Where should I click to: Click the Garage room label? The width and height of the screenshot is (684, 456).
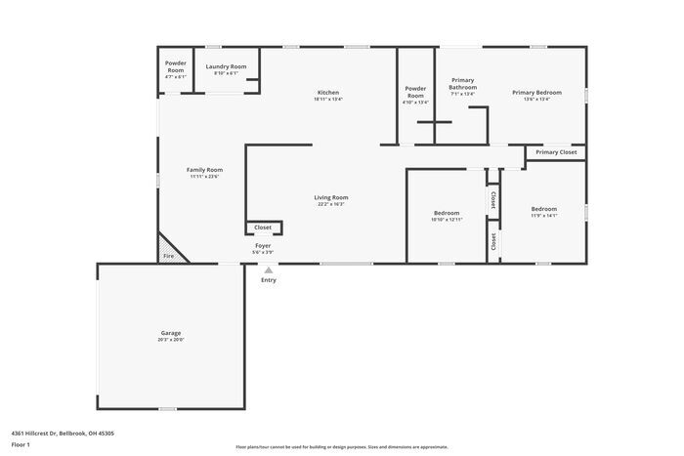pos(171,334)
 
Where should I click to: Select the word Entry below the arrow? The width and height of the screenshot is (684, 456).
pos(269,280)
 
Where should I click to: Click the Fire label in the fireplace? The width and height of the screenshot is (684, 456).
pos(168,256)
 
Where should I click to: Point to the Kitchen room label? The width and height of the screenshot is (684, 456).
pos(328,93)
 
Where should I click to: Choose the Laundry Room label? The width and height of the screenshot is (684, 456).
pos(226,66)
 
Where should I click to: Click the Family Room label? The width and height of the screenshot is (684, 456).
pos(205,170)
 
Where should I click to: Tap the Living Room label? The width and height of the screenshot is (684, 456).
pos(331,197)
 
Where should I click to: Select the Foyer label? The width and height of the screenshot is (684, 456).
pos(264,246)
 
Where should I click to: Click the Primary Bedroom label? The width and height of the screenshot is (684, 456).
pos(536,93)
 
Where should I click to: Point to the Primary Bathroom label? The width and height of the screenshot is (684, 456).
pos(463,84)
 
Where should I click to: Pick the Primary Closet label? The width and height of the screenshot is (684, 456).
pos(556,152)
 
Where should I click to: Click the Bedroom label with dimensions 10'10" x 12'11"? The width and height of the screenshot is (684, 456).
pos(447,213)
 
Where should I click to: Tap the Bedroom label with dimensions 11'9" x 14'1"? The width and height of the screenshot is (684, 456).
pos(544,209)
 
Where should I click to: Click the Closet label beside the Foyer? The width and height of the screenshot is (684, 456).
pos(263,228)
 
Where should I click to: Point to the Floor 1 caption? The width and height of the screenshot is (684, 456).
pos(21,444)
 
